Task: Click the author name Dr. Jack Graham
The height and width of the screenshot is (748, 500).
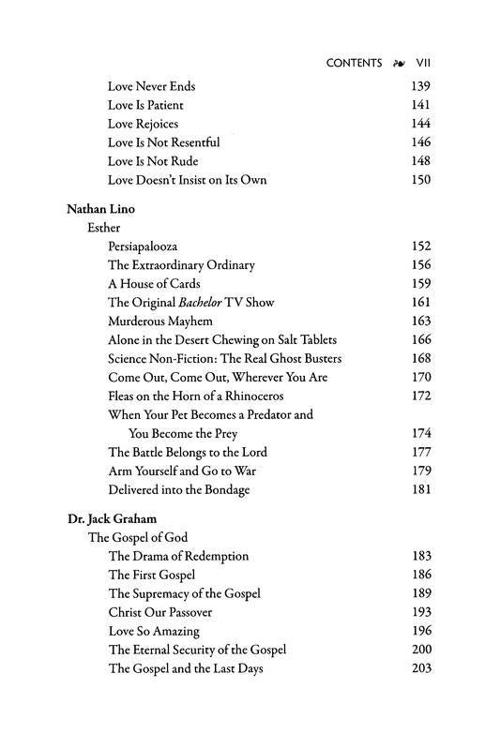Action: [x=112, y=517]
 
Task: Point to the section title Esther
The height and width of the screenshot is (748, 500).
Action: [x=104, y=227]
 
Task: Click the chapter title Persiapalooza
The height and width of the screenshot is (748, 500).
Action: [x=146, y=247]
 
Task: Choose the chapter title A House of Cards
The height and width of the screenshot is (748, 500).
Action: [x=154, y=283]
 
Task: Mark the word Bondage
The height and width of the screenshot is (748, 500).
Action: [x=225, y=490]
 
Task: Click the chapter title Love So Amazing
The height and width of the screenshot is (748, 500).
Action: [x=154, y=631]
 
